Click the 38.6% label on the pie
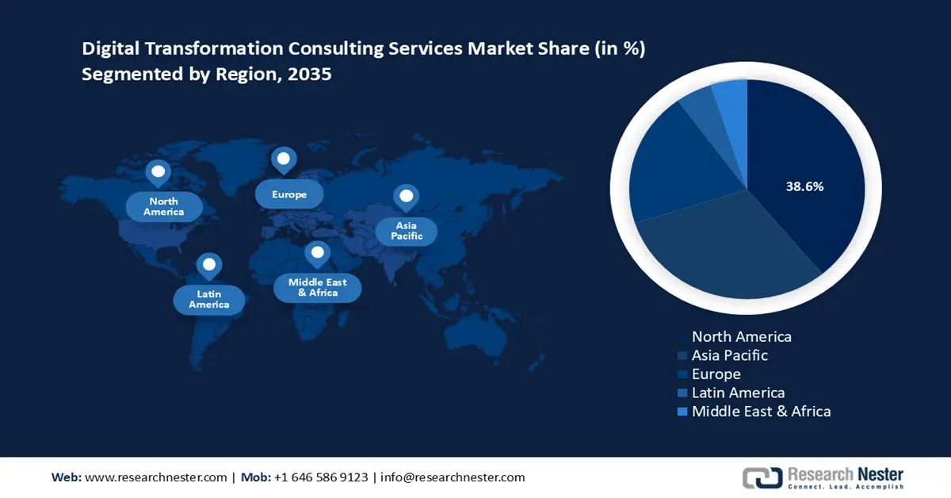click(804, 187)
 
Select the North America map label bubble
click(164, 207)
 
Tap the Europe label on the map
click(289, 194)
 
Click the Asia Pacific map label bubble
click(407, 231)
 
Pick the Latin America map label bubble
click(209, 299)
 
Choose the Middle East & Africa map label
click(318, 287)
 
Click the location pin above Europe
click(283, 159)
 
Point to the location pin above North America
click(158, 172)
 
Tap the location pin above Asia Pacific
click(407, 197)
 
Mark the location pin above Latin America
click(208, 265)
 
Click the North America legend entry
click(741, 337)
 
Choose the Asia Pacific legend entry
click(729, 356)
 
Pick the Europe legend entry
click(716, 374)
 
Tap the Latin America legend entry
click(738, 393)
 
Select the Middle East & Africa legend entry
click(761, 412)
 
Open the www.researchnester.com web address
click(155, 477)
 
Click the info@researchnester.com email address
click(453, 477)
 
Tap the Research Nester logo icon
click(762, 477)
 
